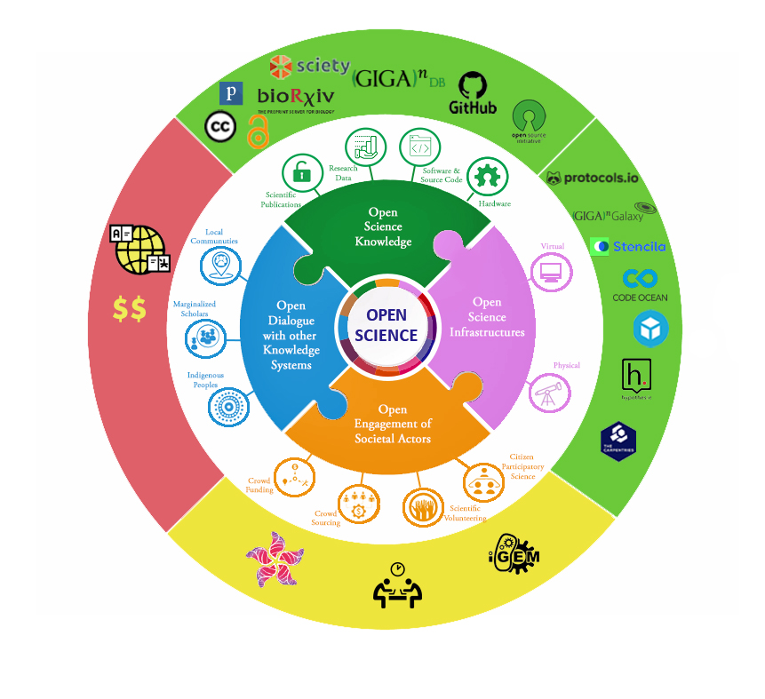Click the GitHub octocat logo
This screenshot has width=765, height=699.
(474, 89)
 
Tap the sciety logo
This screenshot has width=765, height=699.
(304, 66)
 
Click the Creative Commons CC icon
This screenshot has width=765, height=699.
(220, 127)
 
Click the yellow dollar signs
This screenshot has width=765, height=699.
(130, 308)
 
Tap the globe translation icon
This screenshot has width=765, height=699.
(139, 249)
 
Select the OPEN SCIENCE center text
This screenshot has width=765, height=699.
(386, 325)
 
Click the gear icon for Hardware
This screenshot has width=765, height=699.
(485, 176)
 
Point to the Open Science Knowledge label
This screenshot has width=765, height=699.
(383, 226)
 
